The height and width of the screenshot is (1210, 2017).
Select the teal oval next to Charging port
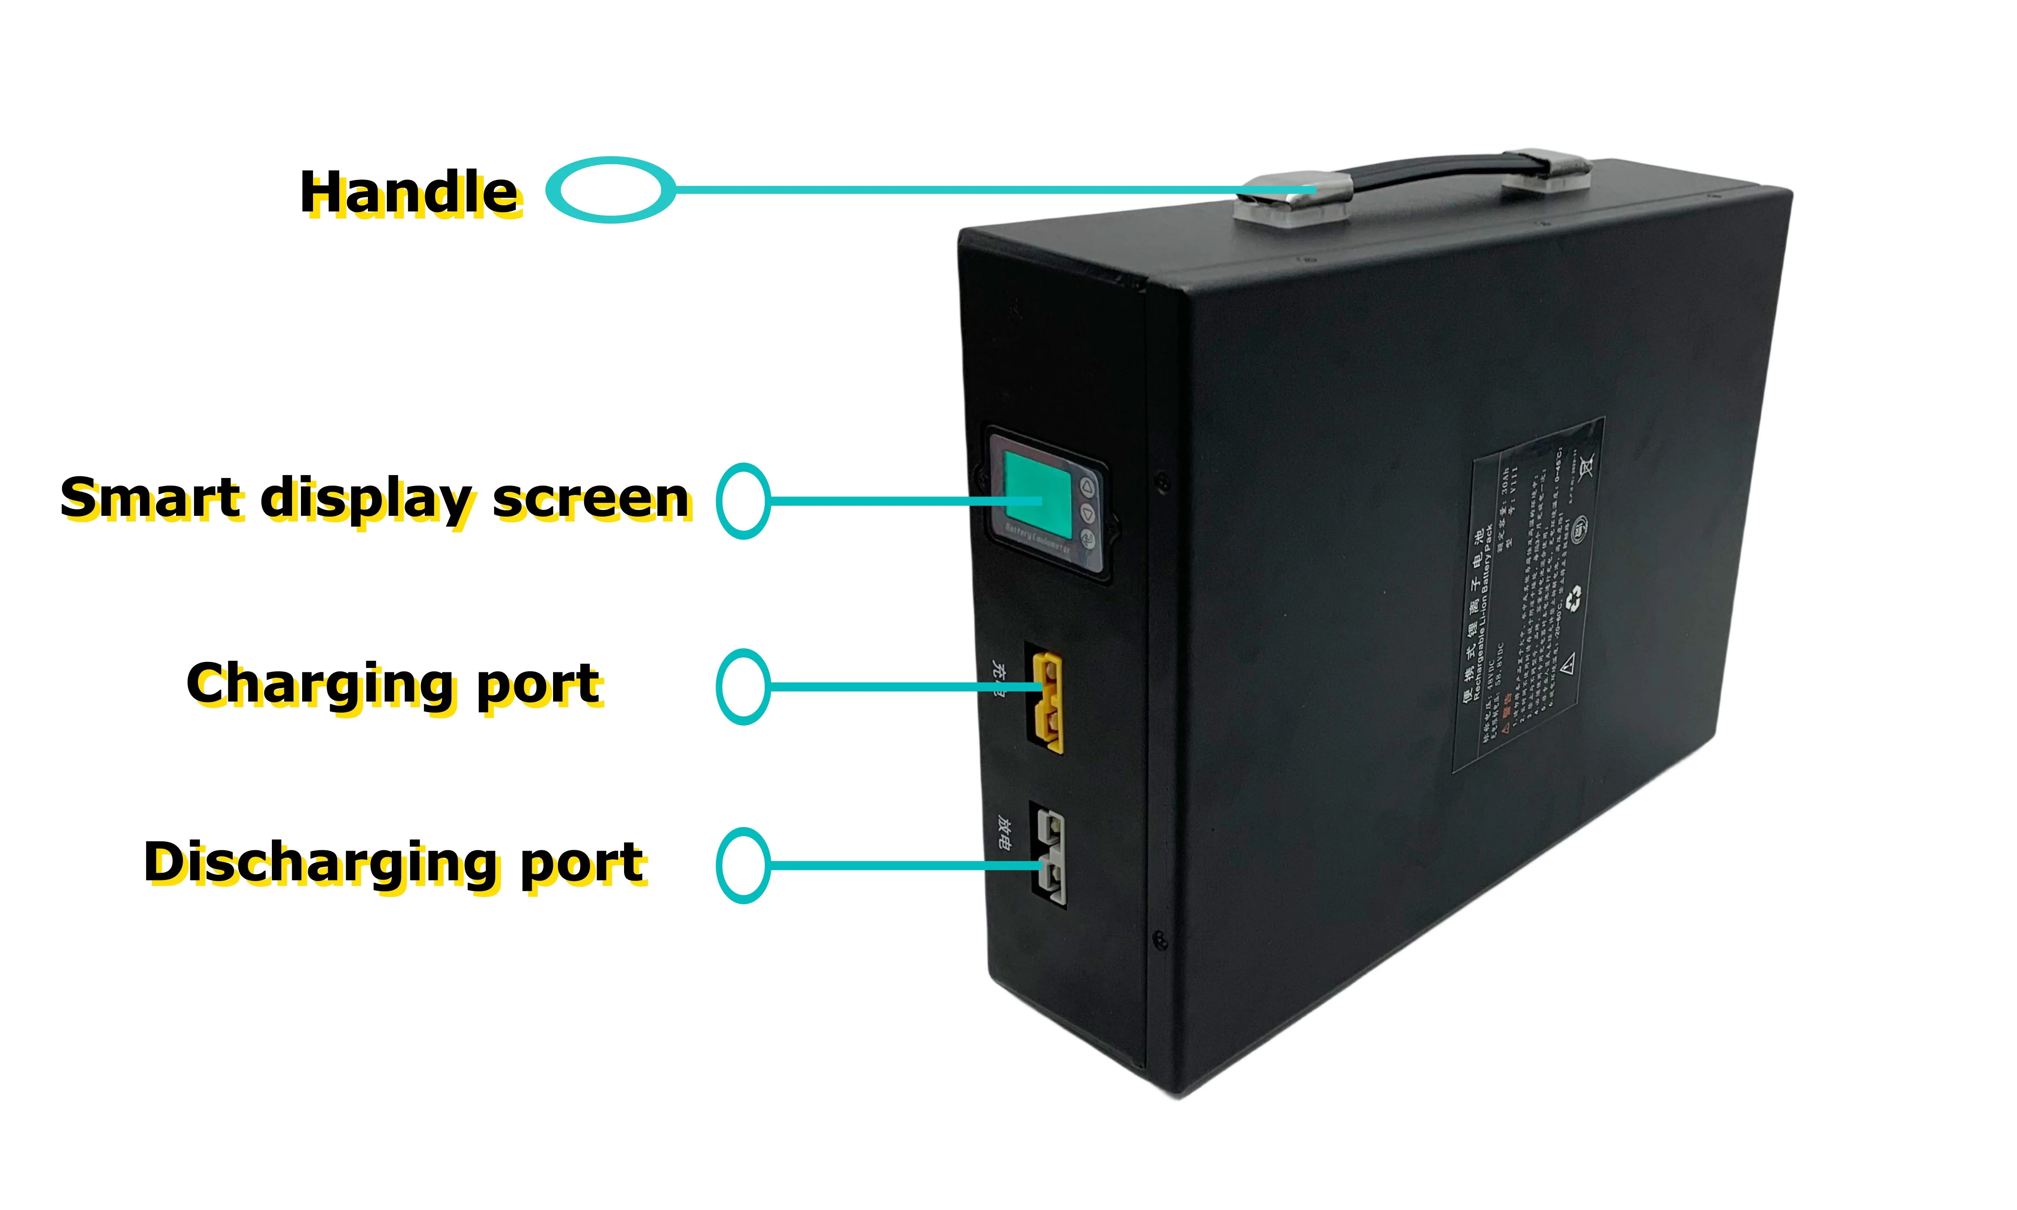click(743, 686)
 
